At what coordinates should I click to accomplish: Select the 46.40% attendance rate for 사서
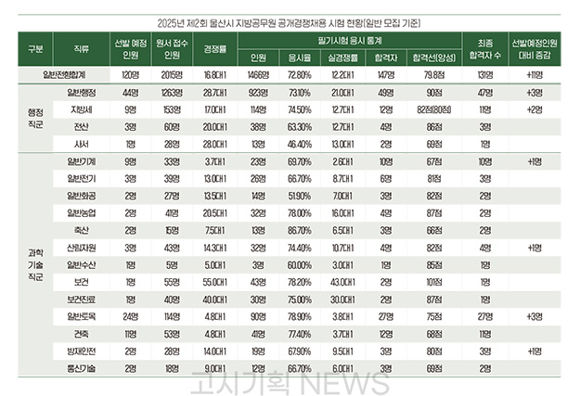pos(300,145)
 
